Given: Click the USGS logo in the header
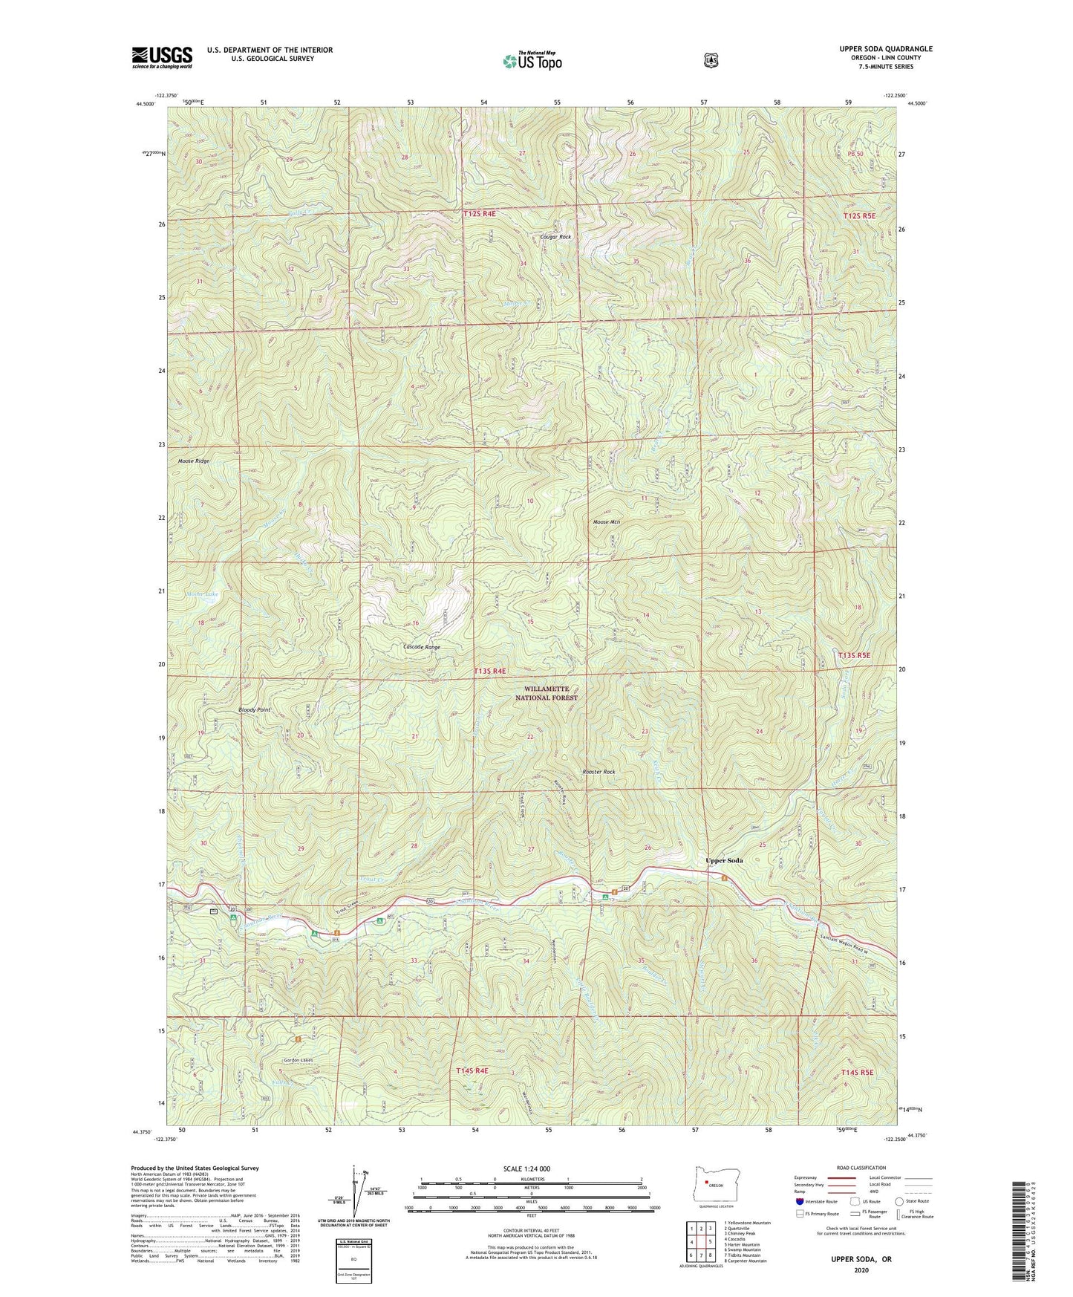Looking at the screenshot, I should [x=162, y=57].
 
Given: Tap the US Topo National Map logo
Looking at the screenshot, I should [x=531, y=60].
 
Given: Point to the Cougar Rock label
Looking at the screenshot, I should [x=555, y=237].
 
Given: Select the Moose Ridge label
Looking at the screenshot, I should [x=193, y=461].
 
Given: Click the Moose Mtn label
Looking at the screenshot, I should [x=606, y=522].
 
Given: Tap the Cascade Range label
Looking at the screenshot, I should [x=421, y=647].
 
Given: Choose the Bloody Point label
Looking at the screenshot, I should [x=254, y=710].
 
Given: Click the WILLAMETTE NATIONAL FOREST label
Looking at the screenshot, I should [x=547, y=693].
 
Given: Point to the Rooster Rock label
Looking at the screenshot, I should [x=599, y=772].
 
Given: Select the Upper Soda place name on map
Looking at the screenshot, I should [x=723, y=860].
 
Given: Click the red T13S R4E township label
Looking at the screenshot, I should [x=489, y=671].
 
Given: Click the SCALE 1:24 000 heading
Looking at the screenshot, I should [x=526, y=1168].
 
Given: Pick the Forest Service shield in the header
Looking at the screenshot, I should [x=711, y=60].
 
